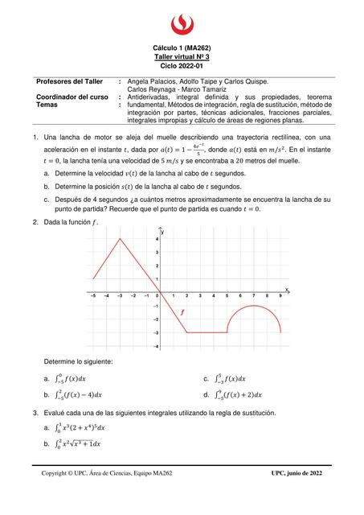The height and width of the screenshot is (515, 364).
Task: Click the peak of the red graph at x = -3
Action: click(120, 238)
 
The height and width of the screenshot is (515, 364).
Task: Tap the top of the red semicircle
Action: click(255, 307)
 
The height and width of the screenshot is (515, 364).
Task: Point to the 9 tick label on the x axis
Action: click(280, 296)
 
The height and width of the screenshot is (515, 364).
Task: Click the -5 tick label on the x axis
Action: click(93, 296)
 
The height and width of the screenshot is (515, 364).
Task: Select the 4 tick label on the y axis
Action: click(157, 239)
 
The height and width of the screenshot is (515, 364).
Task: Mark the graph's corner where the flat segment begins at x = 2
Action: click(187, 332)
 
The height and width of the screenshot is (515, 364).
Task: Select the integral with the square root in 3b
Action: click(79, 444)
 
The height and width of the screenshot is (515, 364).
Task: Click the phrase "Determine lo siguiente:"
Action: click(79, 362)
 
